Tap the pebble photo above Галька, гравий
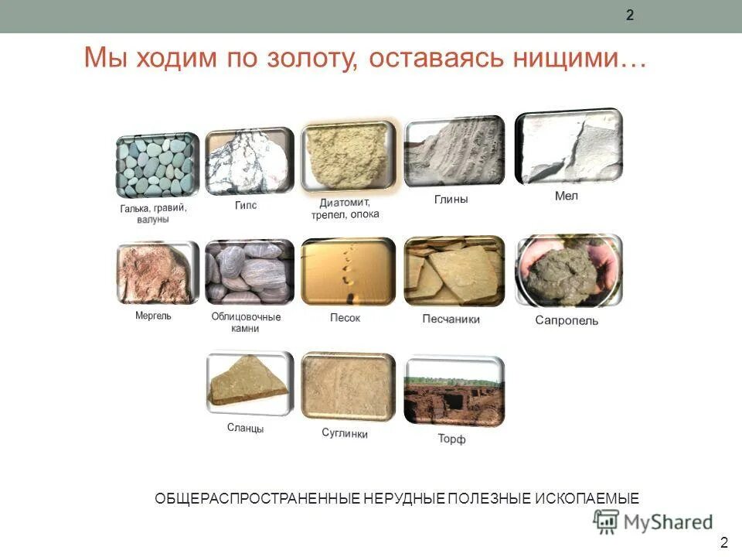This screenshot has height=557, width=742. pos(158,166)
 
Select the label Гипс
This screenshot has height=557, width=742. pos(246,206)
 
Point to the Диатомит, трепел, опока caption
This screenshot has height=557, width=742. pos(345,208)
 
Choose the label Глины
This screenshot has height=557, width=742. pos(451,200)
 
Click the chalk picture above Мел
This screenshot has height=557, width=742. pos(568,147)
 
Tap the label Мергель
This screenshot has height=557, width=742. pos(153,316)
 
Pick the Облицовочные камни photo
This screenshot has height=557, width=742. pos(249,272)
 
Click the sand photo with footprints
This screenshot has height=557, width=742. pos(348,272)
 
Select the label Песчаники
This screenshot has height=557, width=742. pos(451,319)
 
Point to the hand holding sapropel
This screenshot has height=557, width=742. pos(568,272)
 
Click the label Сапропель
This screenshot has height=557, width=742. pos(567,320)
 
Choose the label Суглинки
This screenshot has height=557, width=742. pos(345,433)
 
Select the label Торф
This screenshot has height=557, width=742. pos(451,439)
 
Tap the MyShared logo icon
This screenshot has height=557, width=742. pos(606,522)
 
